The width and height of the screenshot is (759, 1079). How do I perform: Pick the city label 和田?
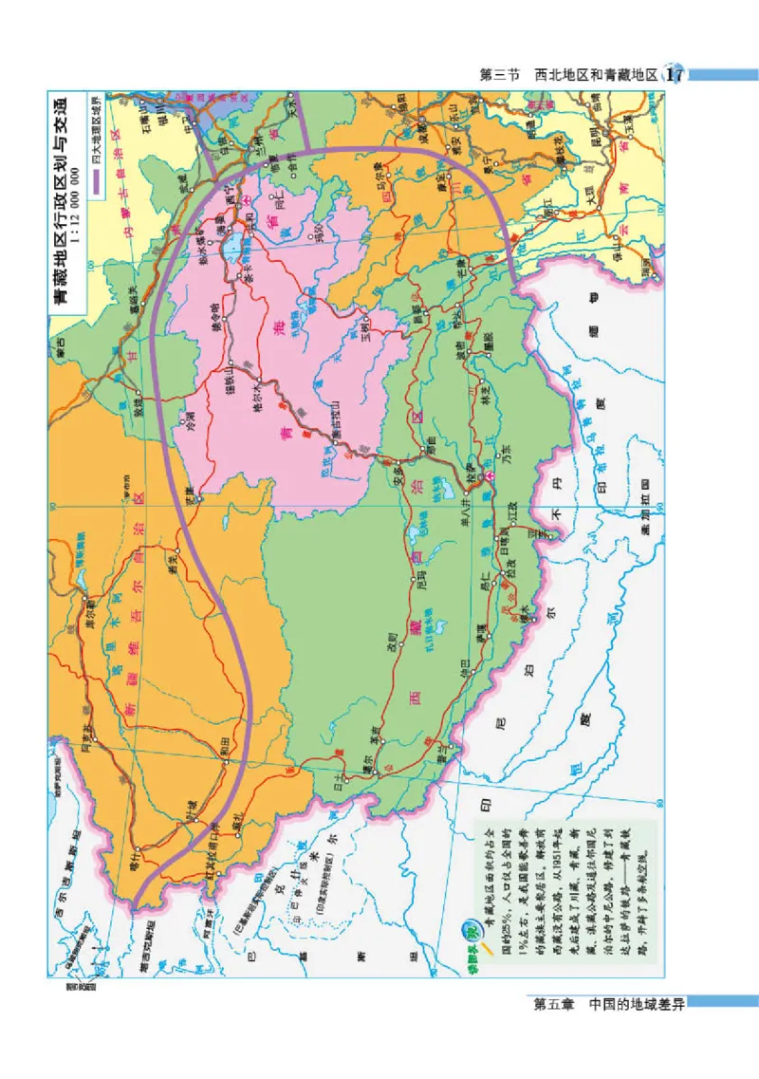click(226, 741)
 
